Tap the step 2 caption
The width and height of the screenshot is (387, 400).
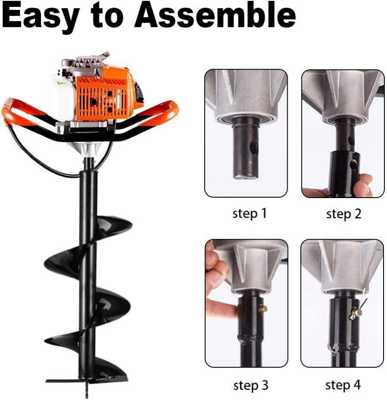[344, 214]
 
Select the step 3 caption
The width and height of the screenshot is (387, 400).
[250, 385]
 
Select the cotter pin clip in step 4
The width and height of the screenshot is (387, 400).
[356, 311]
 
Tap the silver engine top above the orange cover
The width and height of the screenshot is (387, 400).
[86, 64]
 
